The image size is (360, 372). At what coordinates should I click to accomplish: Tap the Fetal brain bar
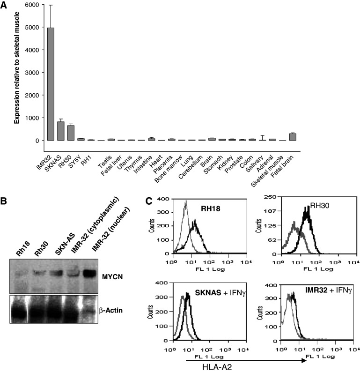tap(292, 137)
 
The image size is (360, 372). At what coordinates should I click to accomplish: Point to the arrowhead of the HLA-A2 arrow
tap(304, 360)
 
